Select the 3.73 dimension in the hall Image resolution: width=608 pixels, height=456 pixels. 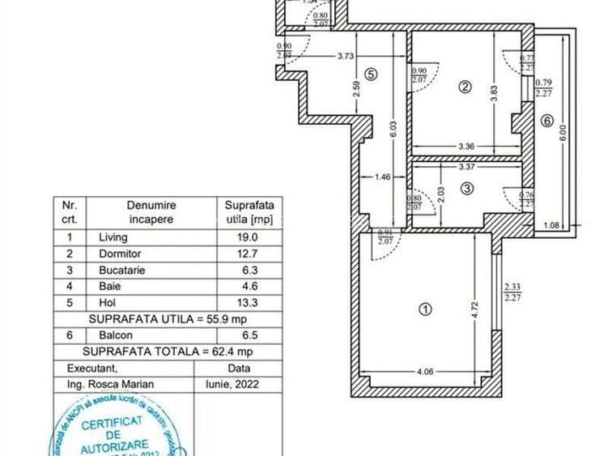coord(347,56)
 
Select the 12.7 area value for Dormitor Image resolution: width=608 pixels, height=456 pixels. coord(247,254)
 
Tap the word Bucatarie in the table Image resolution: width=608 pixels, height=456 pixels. coord(122,271)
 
